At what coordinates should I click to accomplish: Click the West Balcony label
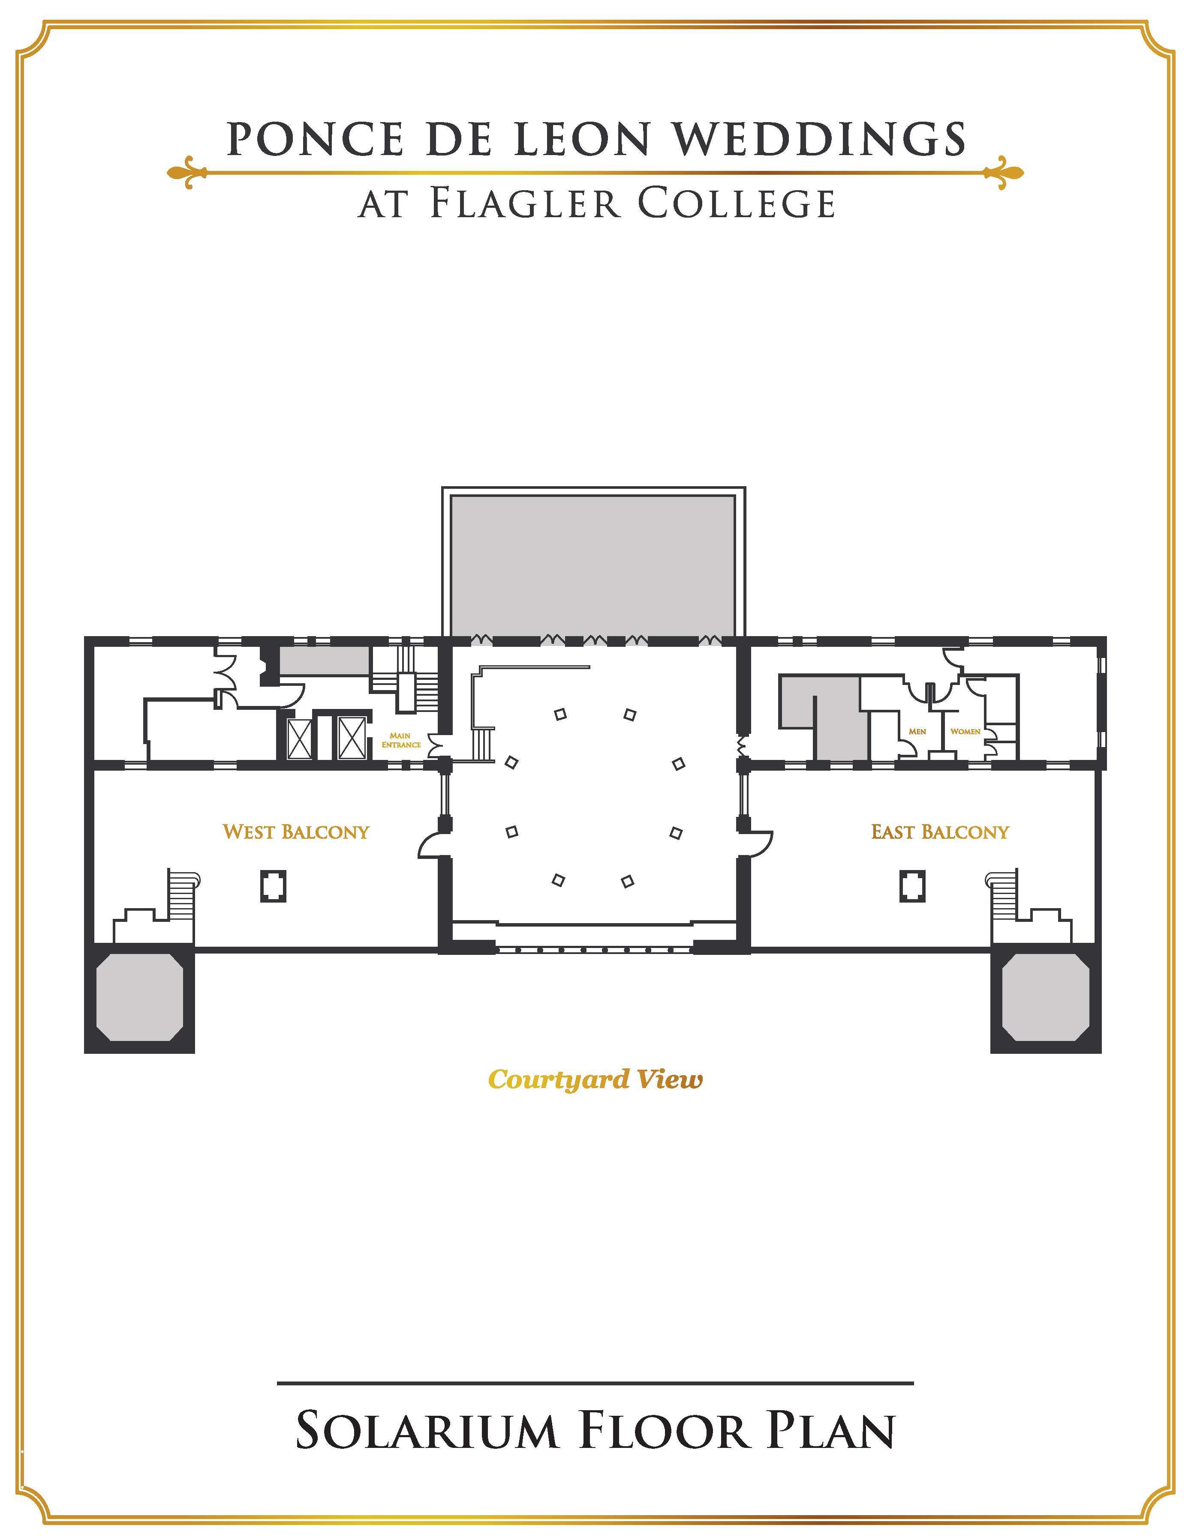click(x=296, y=832)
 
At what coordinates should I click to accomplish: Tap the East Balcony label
click(x=940, y=832)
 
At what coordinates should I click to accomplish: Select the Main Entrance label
click(x=401, y=740)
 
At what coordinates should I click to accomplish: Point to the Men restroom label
click(x=917, y=731)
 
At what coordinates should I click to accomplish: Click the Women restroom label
click(x=965, y=731)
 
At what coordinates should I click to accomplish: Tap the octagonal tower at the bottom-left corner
click(x=139, y=998)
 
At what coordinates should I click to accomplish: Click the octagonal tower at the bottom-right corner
click(x=1046, y=998)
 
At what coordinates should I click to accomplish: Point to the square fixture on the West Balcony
click(x=273, y=886)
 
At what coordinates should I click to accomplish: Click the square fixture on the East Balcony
click(x=912, y=886)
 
